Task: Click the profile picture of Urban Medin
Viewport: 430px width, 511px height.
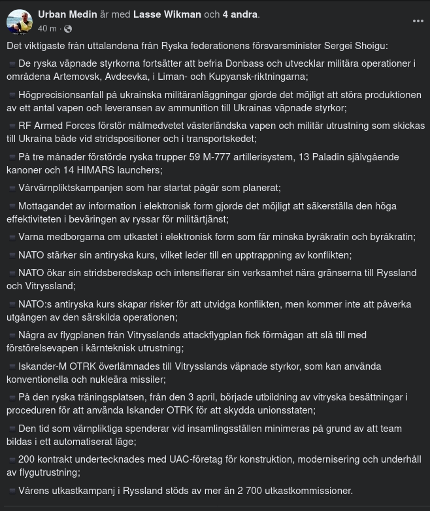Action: [20, 22]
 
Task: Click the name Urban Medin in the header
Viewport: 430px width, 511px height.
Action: [68, 14]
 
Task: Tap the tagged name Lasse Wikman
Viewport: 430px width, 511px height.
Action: [167, 14]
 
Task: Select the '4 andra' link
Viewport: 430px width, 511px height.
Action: [240, 14]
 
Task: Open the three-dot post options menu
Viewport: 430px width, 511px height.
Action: [418, 21]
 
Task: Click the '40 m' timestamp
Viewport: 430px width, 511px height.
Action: [47, 29]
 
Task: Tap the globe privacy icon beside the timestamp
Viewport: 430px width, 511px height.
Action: [68, 29]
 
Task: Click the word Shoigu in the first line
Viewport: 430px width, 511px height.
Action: [371, 45]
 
